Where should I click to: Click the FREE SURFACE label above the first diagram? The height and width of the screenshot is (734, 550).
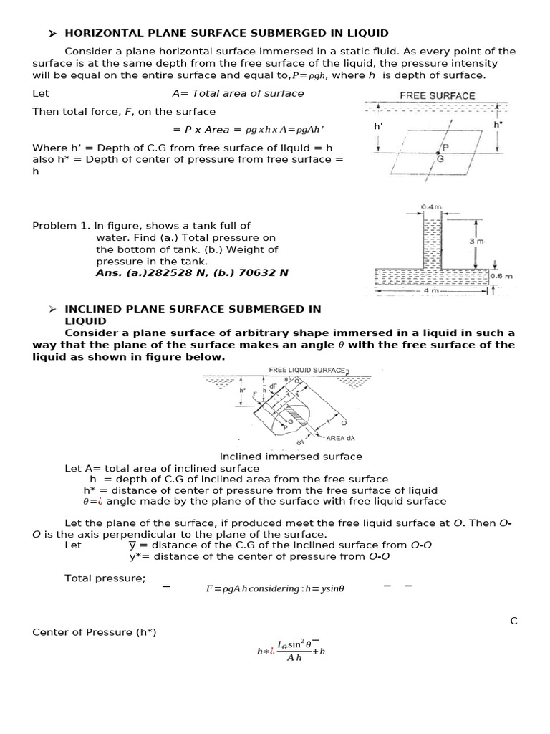click(437, 95)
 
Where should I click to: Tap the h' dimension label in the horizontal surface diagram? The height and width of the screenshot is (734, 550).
click(379, 125)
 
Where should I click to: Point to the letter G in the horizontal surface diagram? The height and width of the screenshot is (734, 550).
click(440, 158)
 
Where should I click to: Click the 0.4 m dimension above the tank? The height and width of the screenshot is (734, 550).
click(432, 206)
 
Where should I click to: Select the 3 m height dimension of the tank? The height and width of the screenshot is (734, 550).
click(476, 242)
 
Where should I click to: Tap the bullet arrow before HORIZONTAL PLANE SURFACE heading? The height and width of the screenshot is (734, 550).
click(52, 33)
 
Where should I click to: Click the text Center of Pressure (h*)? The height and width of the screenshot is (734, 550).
click(94, 631)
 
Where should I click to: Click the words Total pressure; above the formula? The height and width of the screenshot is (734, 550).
click(105, 578)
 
